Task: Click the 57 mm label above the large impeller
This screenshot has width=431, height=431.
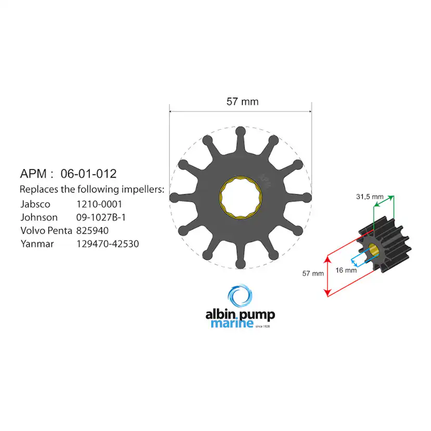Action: click(242, 102)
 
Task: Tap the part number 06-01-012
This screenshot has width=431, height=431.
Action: click(88, 173)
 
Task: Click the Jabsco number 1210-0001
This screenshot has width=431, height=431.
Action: click(99, 204)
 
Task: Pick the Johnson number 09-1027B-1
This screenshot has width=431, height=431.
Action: click(101, 217)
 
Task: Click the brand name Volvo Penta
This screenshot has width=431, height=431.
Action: click(46, 230)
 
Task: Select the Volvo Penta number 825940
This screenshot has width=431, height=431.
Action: click(93, 230)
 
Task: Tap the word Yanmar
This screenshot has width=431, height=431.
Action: click(37, 243)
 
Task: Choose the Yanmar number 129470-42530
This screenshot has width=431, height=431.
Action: click(107, 243)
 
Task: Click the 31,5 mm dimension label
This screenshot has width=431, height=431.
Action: click(369, 197)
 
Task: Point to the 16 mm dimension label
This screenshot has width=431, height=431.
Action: click(346, 270)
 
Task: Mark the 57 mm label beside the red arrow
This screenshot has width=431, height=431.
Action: click(312, 273)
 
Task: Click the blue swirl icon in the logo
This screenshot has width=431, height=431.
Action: click(240, 296)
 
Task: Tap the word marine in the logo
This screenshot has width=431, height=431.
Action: click(232, 324)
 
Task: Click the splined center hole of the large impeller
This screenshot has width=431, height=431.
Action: click(240, 197)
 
